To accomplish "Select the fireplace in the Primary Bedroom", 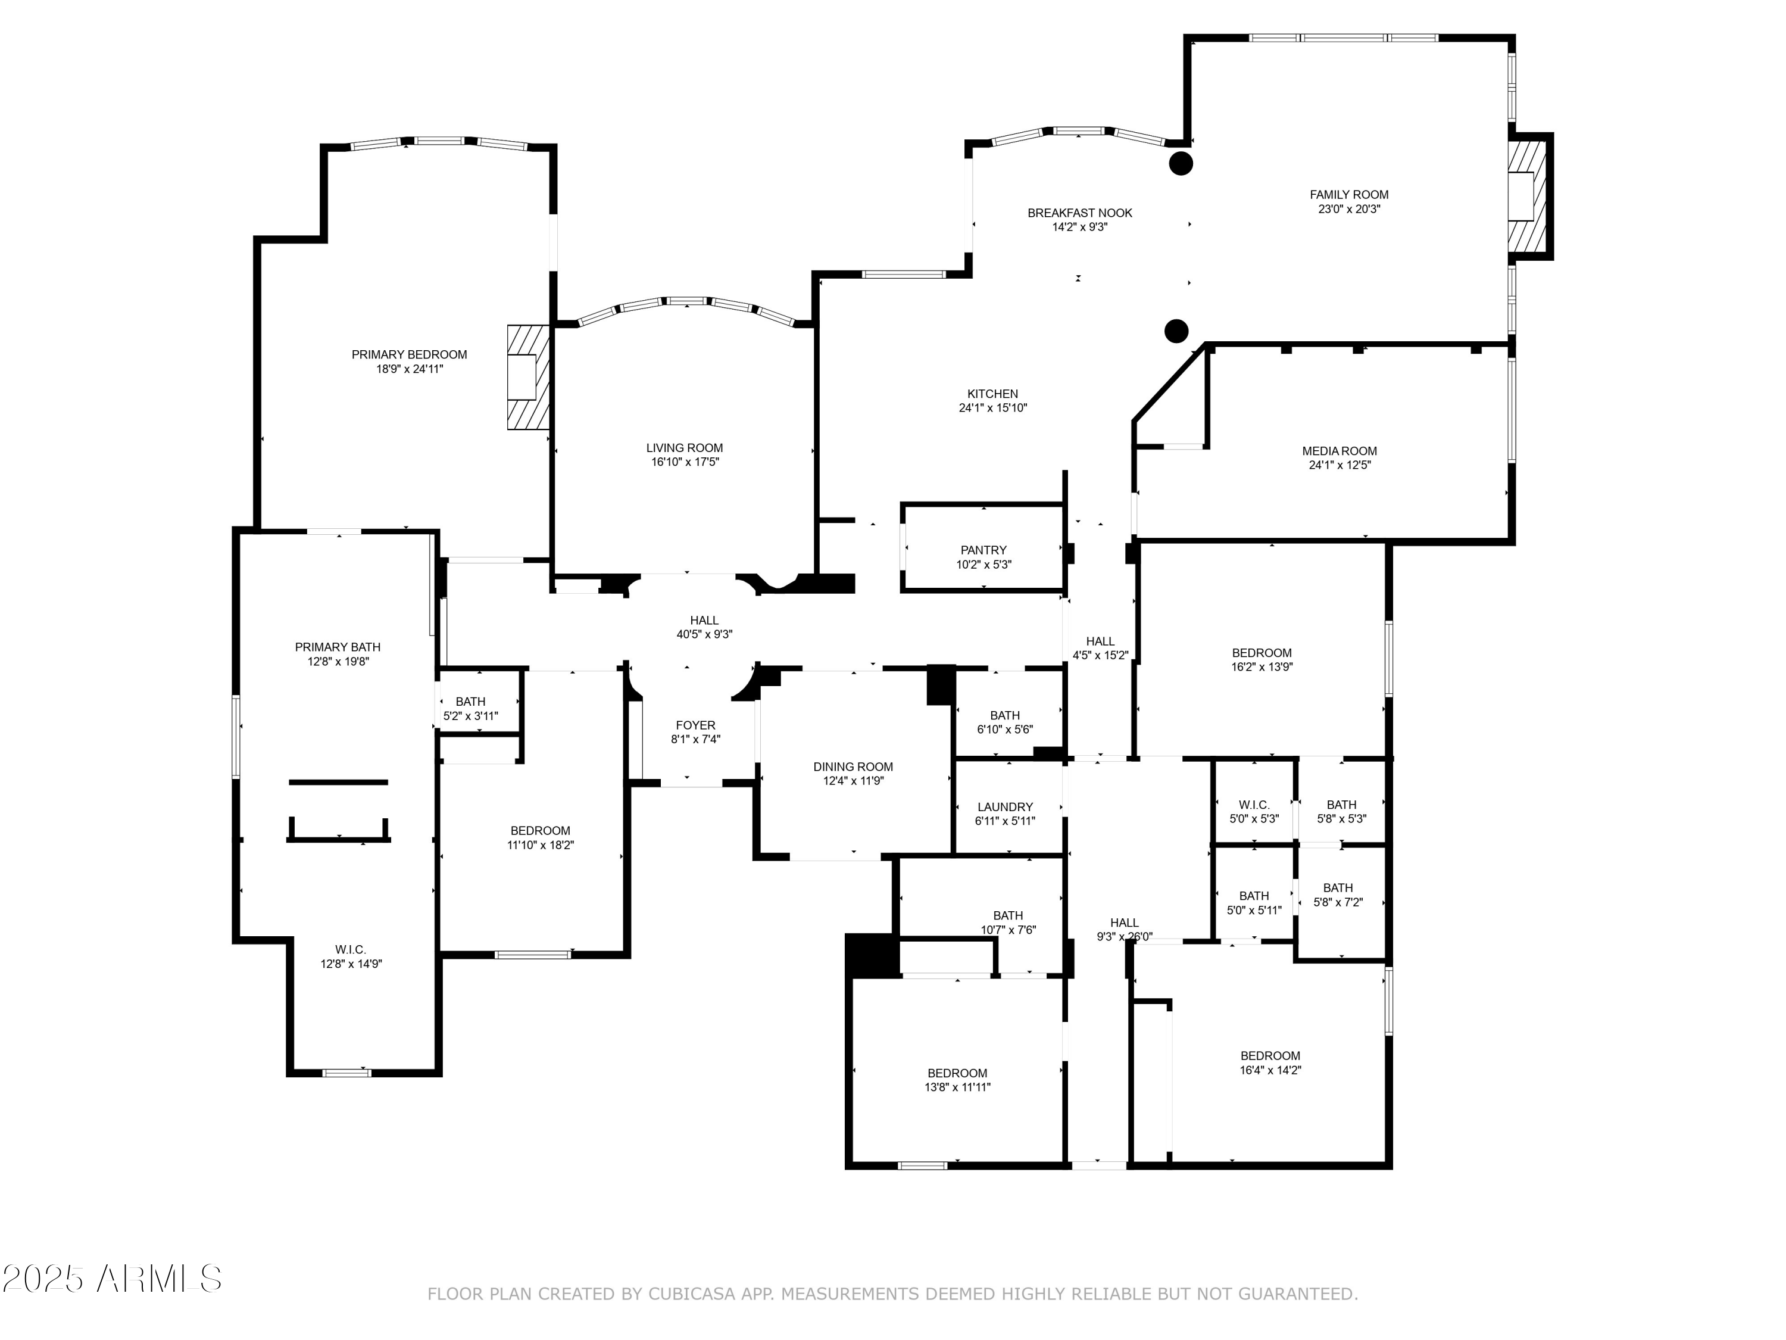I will point(526,377).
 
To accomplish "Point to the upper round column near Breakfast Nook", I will point(1181,163).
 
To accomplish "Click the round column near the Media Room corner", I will point(1176,331).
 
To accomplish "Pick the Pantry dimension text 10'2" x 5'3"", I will point(983,565).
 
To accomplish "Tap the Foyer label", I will point(695,725).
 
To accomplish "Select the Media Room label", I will point(1339,451).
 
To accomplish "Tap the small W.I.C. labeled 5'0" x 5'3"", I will point(1253,812).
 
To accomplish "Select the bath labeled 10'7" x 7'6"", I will point(1008,923).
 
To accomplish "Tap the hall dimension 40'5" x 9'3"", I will point(704,635).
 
